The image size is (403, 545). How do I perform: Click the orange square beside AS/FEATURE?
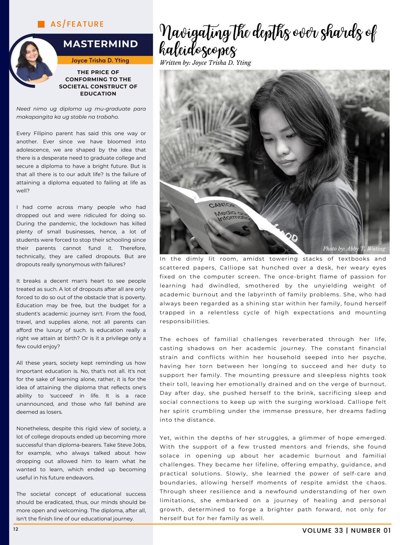coord(41,24)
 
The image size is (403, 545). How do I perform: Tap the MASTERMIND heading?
coord(101,44)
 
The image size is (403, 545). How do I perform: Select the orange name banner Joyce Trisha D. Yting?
coord(100,60)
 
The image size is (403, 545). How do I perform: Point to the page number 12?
coord(16,529)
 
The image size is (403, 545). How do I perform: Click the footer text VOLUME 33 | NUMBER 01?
coord(346,530)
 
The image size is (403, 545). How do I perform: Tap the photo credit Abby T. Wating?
coord(354,249)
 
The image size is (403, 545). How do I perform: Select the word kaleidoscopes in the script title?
coord(198,51)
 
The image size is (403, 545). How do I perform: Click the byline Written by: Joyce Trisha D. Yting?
coord(205,63)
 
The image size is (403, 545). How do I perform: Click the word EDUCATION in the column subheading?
coord(98,94)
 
